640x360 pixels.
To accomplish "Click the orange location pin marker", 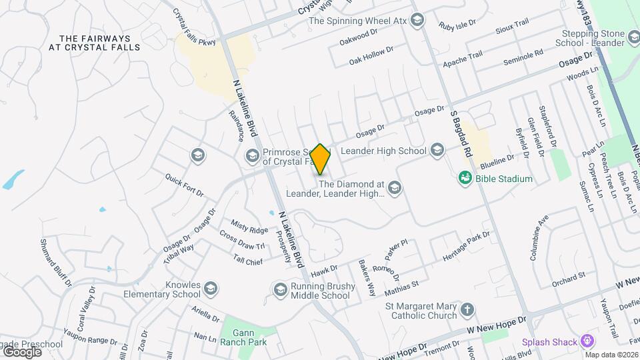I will pos(320,159).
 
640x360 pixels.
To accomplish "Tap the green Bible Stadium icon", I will pos(465,178).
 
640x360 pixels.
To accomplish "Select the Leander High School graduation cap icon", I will pos(437,150).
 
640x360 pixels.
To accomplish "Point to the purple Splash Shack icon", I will pos(587,342).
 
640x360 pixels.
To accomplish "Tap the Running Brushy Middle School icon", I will pos(280,289).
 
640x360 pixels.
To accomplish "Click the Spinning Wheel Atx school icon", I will pos(417,20).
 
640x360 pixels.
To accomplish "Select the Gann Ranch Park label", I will pos(244,337).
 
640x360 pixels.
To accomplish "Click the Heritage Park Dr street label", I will pos(467,246).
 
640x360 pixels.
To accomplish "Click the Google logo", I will pos(21,351).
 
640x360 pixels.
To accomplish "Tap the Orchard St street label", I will pos(568,275).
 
